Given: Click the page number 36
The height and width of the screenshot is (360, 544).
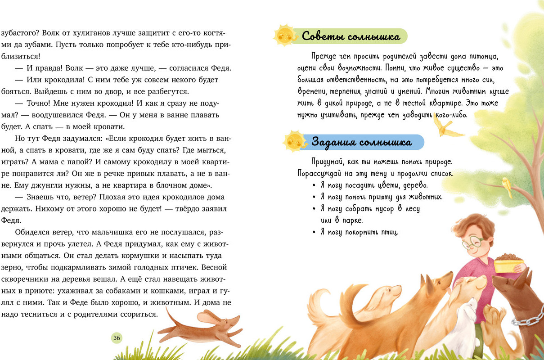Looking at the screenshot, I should click(x=117, y=338).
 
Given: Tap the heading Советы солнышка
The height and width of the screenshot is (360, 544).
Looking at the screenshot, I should click(x=351, y=36).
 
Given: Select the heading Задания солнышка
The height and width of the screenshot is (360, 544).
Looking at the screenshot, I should click(x=361, y=143).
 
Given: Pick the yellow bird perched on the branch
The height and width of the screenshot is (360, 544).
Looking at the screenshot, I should click(x=507, y=185).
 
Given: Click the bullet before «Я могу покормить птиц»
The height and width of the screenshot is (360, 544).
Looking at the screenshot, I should click(x=314, y=232).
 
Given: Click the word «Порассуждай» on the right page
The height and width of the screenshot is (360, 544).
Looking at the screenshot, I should click(x=320, y=173).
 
